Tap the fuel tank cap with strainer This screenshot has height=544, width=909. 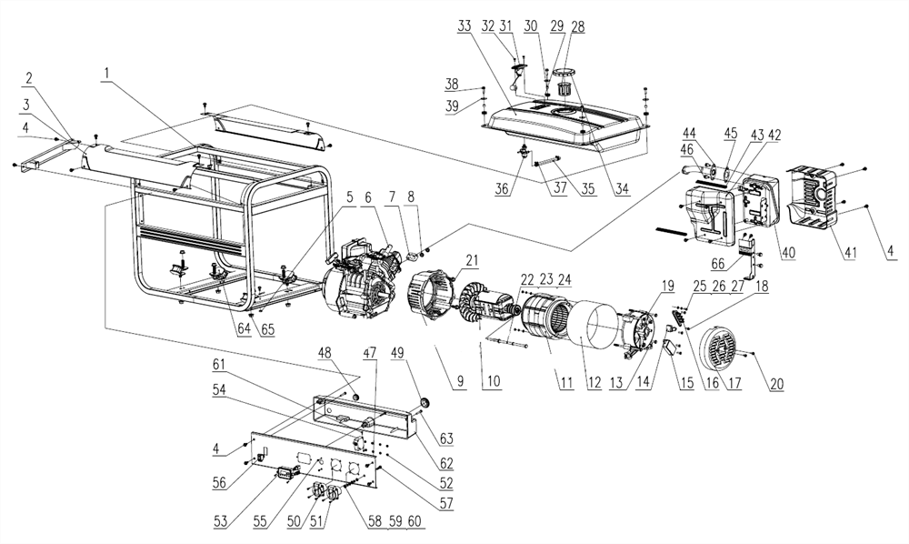click(x=566, y=88)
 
